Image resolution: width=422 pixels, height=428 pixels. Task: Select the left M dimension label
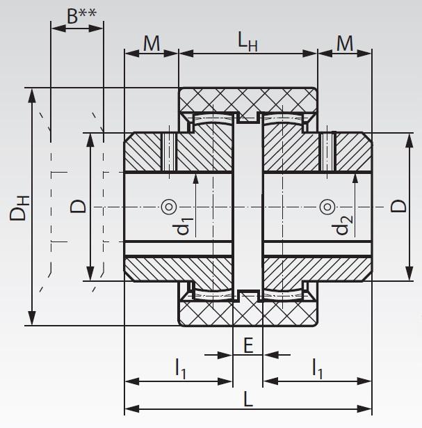pos(151,43)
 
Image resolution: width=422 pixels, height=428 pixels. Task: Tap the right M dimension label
pos(345,43)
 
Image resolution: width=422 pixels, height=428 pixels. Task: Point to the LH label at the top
pos(247,43)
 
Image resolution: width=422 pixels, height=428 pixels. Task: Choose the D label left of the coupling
pos(79,206)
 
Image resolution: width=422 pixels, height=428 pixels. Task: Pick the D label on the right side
pos(398,206)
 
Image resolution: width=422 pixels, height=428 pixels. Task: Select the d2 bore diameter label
pos(342,226)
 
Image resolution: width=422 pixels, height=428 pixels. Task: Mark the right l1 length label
pos(316,370)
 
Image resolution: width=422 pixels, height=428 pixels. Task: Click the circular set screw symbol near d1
pos(168,207)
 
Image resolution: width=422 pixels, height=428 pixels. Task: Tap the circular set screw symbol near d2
pos(325,207)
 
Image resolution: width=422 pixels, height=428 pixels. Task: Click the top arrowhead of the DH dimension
pos(31,94)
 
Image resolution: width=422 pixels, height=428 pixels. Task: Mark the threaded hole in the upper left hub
pos(168,152)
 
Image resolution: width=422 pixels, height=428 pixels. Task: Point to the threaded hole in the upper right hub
pos(327,152)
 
